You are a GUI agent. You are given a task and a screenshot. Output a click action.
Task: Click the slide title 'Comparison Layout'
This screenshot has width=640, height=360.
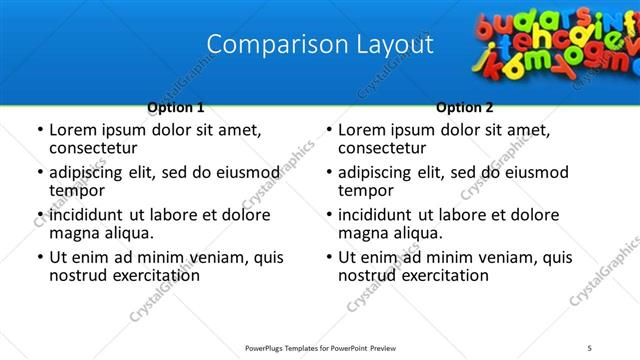[x=320, y=45]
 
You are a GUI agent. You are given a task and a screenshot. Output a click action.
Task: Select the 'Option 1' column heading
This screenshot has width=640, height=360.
[x=176, y=107]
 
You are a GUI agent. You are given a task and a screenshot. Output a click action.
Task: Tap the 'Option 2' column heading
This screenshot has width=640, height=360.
[x=465, y=107]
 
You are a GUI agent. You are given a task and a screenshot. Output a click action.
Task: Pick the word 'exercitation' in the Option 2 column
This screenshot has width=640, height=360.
[x=442, y=275]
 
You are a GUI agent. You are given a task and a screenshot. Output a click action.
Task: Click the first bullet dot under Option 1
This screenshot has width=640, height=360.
[x=39, y=131]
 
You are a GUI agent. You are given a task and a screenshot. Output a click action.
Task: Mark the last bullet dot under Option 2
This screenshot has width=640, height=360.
[x=328, y=258]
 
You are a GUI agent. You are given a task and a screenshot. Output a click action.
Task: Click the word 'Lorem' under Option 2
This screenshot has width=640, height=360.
[x=361, y=130]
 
